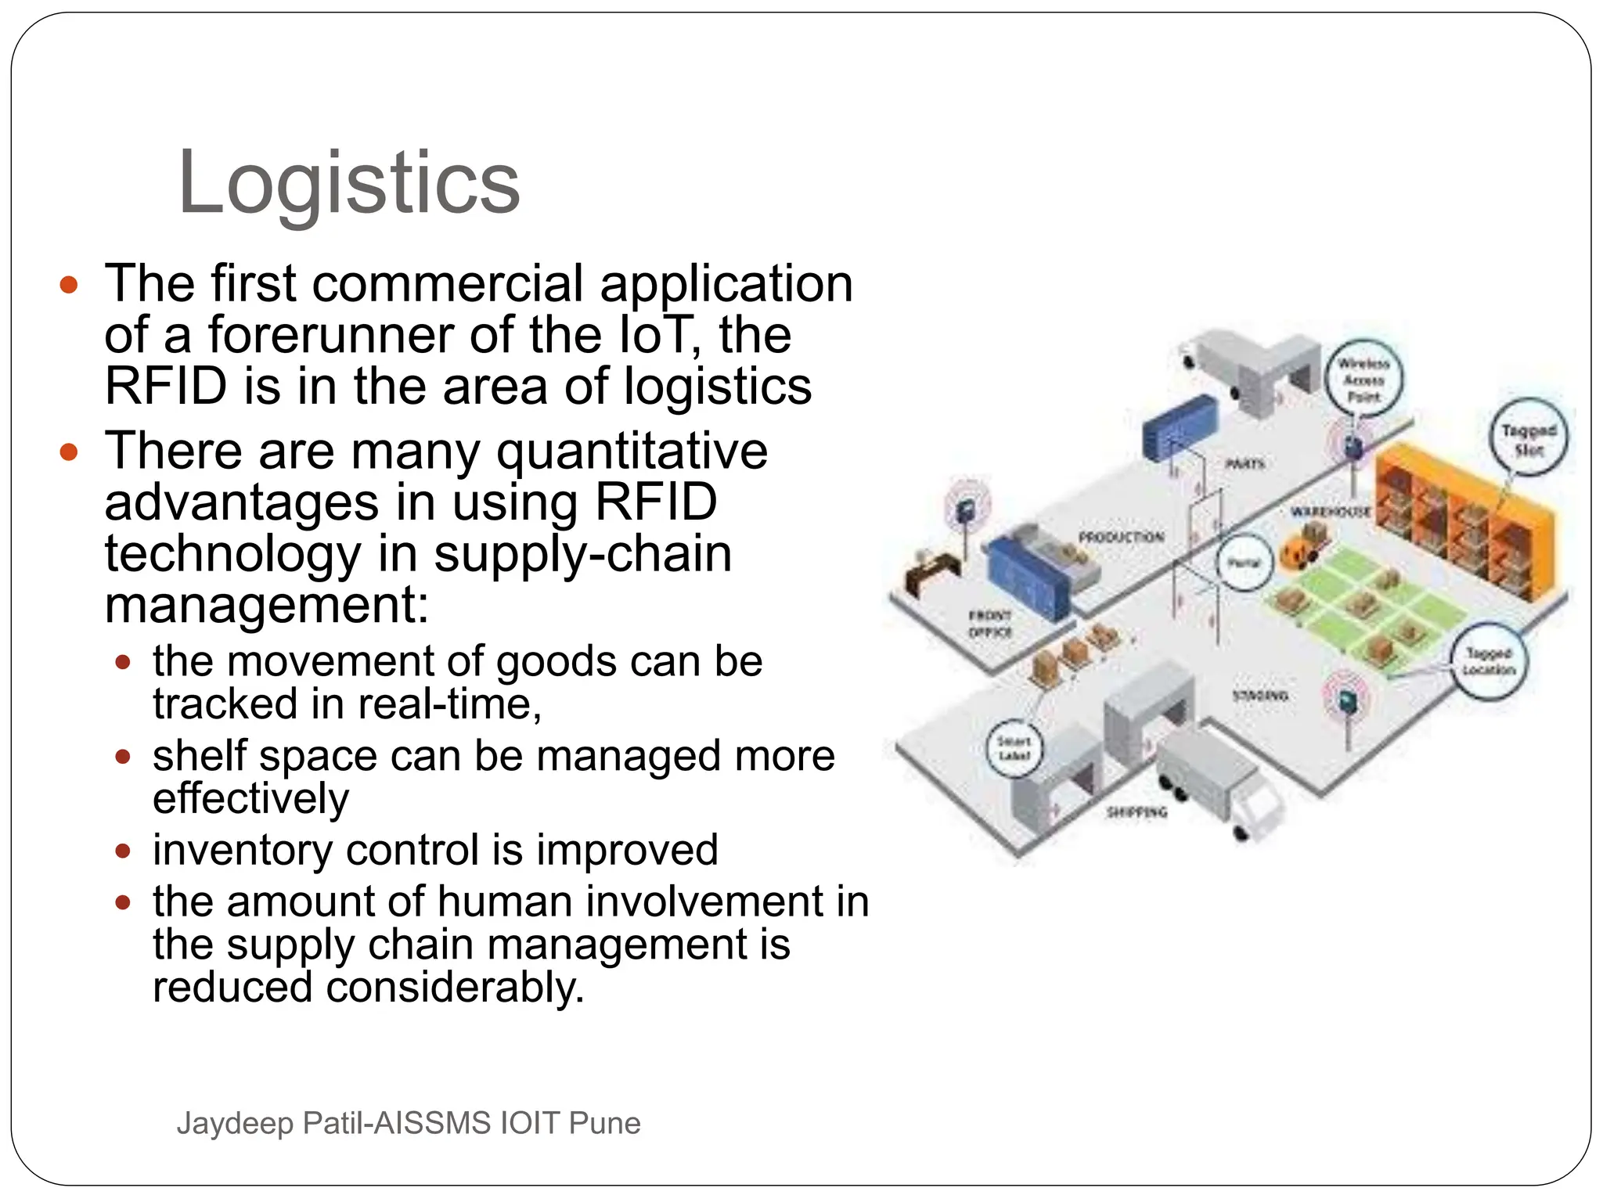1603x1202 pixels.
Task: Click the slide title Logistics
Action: (349, 183)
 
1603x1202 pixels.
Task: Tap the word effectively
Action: (250, 799)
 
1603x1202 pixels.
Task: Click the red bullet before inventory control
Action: (122, 851)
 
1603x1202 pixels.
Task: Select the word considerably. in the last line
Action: (455, 987)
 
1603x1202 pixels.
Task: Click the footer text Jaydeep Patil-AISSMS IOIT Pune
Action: (409, 1123)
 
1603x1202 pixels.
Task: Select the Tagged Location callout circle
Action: (1489, 661)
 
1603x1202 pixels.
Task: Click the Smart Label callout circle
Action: (1014, 748)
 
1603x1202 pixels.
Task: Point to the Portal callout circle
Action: (1243, 563)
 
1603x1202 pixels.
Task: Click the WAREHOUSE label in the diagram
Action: (1331, 512)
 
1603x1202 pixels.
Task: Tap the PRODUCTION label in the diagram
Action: (1121, 538)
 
